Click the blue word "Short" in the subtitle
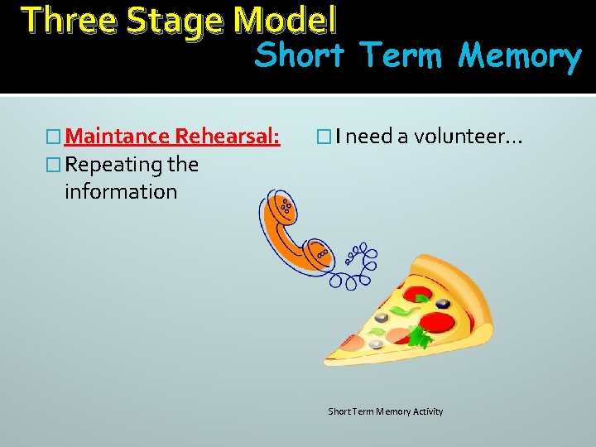point(299,56)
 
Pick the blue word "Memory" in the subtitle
point(520,56)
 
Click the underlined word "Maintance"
point(116,137)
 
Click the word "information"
point(121,192)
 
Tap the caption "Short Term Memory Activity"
point(385,411)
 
